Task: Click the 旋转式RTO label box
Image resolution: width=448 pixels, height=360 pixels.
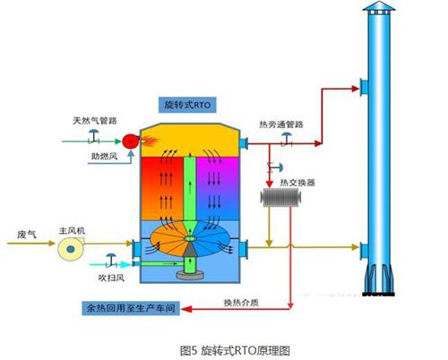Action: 187,105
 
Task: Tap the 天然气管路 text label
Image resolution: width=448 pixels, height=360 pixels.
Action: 95,121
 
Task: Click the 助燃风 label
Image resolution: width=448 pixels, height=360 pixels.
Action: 104,156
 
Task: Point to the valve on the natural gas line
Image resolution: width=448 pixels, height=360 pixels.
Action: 94,136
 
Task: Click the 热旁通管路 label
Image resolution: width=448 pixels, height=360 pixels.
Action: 281,124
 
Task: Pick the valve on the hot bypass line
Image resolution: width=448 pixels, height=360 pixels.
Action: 287,139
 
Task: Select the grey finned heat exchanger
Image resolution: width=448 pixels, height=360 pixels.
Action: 280,197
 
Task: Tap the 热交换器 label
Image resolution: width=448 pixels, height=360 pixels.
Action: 297,183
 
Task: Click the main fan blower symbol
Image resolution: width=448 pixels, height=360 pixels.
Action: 71,248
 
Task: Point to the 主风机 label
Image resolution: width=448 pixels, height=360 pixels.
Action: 72,230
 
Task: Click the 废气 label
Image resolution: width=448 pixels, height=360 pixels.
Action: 27,235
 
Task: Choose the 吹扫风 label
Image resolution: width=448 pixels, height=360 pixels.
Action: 111,278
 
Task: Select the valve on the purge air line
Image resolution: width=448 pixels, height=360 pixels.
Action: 111,261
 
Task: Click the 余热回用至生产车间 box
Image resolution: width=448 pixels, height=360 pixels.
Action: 131,308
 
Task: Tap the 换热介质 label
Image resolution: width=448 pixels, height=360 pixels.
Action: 241,303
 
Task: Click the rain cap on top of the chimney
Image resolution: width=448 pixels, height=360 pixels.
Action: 379,8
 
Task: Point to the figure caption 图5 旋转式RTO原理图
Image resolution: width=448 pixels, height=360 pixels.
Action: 235,350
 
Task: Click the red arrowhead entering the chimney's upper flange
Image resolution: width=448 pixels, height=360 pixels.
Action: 356,89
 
